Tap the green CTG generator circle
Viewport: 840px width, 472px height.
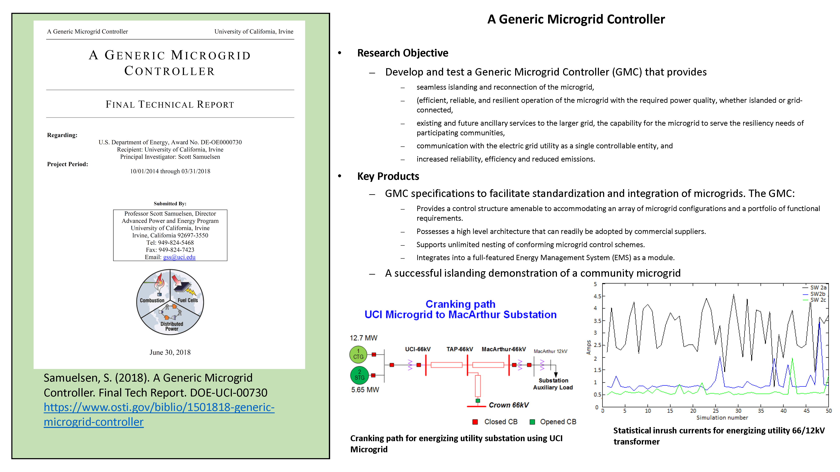(x=358, y=354)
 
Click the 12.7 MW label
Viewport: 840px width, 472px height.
(x=363, y=338)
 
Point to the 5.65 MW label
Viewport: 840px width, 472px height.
(x=365, y=390)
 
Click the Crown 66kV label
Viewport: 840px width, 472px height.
(x=508, y=405)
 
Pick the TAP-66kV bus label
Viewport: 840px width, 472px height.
(x=459, y=349)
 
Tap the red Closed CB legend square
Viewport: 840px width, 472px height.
(x=475, y=422)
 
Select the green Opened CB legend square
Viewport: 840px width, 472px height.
(x=532, y=422)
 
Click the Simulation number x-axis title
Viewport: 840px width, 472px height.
(x=722, y=418)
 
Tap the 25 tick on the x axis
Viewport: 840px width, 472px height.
(x=716, y=411)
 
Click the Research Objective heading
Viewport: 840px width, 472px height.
(x=403, y=53)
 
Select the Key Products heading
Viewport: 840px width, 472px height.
(x=388, y=176)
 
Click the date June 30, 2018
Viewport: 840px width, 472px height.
(x=170, y=352)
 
